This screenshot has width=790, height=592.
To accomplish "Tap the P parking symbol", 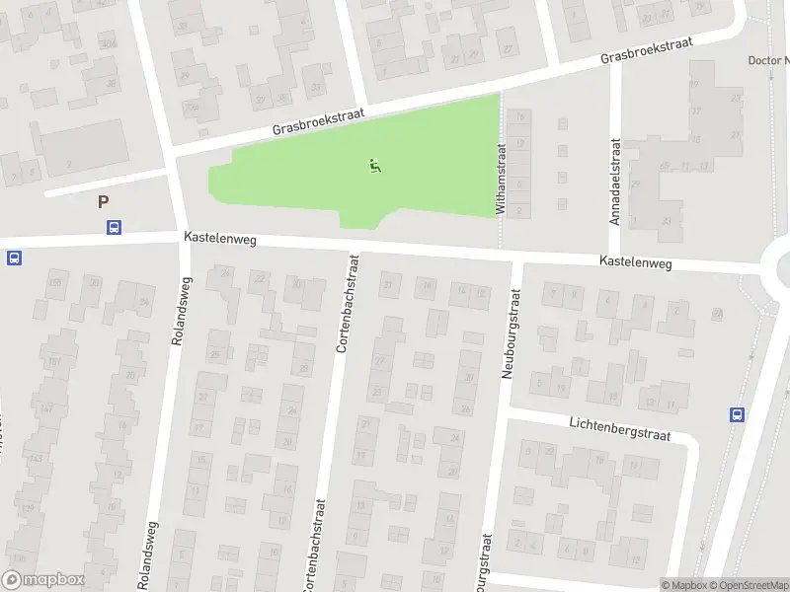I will coord(103,202).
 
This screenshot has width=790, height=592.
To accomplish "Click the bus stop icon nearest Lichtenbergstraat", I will coord(737,414).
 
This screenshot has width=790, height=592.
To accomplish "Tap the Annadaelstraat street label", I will coord(614,182).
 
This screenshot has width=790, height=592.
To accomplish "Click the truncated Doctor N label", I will coord(768,60).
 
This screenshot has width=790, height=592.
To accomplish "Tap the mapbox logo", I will coord(43,580).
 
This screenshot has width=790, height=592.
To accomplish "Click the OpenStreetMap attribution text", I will coord(749,585).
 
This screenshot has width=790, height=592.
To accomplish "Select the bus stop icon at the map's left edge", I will coord(14,259).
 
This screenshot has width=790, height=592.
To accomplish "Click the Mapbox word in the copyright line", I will coord(687,585).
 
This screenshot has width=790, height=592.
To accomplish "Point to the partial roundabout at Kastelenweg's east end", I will coord(778,264).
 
